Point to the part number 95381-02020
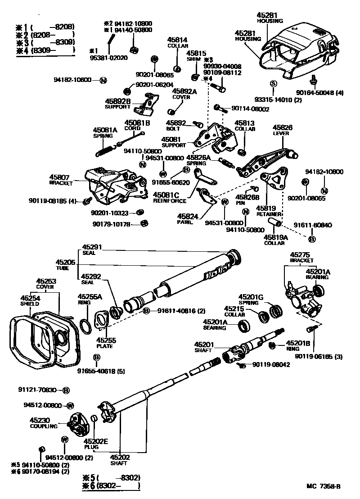click(108, 58)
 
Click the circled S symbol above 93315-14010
click(273, 83)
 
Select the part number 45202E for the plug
click(96, 441)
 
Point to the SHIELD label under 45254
click(29, 304)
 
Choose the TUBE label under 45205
click(63, 268)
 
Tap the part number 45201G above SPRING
click(251, 297)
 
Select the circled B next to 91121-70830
click(66, 390)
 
